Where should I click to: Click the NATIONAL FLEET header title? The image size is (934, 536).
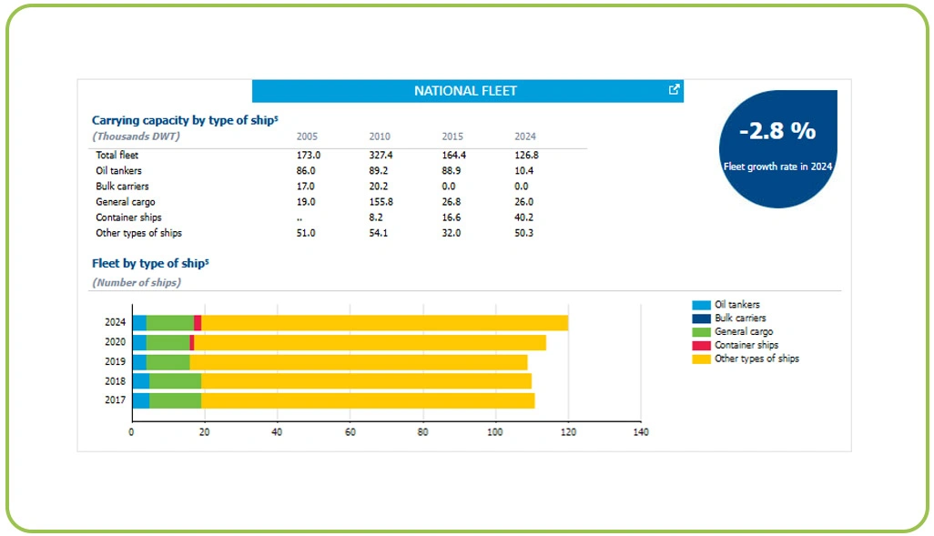click(x=465, y=91)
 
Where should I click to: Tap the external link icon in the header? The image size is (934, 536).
click(x=674, y=89)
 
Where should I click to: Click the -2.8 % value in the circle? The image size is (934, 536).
click(x=777, y=131)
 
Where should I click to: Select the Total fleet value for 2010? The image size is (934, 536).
click(x=380, y=155)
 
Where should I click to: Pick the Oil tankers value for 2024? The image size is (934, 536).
click(x=523, y=170)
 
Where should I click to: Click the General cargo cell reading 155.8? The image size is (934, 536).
click(x=381, y=202)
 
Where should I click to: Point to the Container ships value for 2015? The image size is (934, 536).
click(x=451, y=217)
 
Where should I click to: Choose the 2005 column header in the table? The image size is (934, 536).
click(x=307, y=137)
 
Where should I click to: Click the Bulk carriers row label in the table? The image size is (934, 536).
click(x=123, y=186)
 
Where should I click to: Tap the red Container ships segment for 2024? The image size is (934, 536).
click(x=198, y=323)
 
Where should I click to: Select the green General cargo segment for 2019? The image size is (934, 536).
click(x=168, y=361)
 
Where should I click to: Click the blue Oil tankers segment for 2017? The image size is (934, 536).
click(x=140, y=400)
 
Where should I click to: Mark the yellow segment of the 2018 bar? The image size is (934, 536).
click(x=365, y=381)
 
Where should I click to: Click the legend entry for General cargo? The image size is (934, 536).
click(x=743, y=332)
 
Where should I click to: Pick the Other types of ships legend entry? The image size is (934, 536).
click(x=756, y=359)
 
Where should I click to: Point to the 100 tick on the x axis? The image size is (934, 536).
click(x=495, y=432)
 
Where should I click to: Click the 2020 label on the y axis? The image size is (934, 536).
click(x=115, y=342)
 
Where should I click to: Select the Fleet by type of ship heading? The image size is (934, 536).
click(x=150, y=264)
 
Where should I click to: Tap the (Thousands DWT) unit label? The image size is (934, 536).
click(x=137, y=137)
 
